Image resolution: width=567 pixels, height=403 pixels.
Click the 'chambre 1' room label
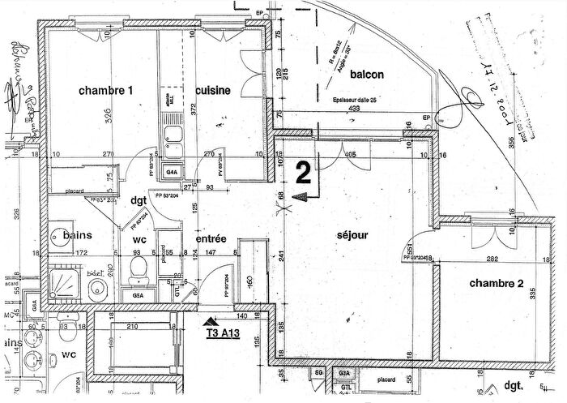click(x=104, y=91)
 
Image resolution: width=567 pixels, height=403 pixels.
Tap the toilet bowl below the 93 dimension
click(x=137, y=268)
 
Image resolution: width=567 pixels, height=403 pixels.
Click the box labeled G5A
click(x=138, y=297)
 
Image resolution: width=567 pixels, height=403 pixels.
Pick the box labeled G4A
click(x=173, y=173)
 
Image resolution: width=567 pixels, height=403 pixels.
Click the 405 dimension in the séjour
click(x=350, y=154)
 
